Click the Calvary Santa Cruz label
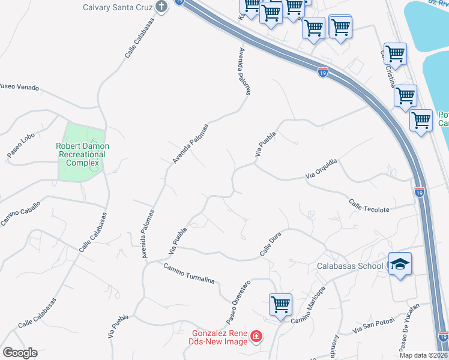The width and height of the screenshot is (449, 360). coord(118,7)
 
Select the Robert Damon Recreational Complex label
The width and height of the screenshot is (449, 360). coord(82,154)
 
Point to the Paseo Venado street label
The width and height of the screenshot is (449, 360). coord(19,87)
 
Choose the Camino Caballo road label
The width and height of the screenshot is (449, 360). coord(20,214)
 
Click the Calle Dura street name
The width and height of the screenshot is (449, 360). coord(271,246)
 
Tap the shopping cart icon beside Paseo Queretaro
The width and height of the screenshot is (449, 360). coord(280,304)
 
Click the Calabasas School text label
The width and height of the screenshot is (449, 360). coord(350,266)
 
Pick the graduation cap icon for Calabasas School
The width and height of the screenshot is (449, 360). coord(400,264)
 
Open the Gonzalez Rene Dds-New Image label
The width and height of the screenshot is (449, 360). coord(220,337)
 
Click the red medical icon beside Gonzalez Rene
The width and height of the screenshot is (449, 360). coord(256,336)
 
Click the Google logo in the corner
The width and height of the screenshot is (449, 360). coord(20,353)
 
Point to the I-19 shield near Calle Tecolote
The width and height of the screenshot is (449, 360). coord(420,192)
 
